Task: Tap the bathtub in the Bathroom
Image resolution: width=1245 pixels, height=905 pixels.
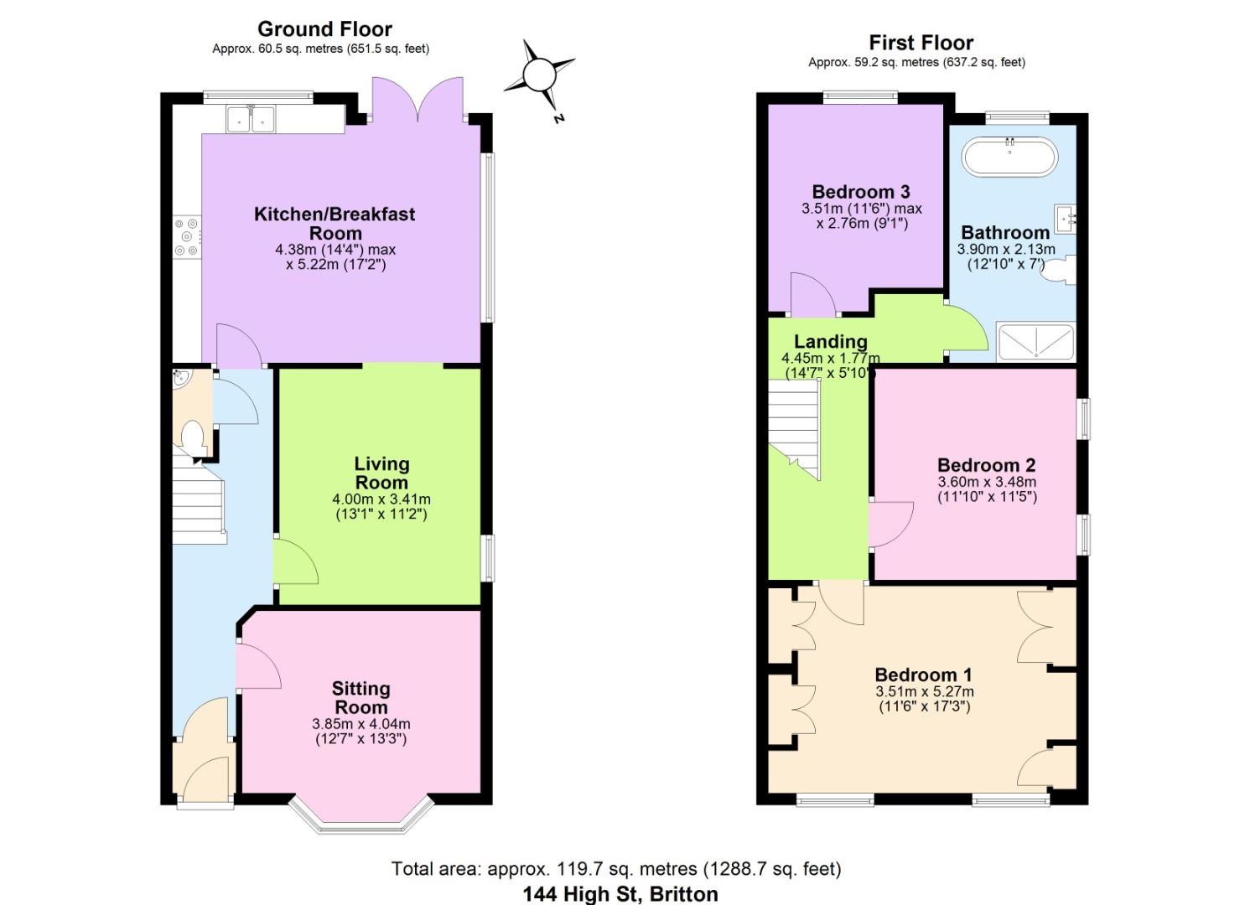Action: [1009, 157]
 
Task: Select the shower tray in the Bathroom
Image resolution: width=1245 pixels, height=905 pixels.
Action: [1035, 342]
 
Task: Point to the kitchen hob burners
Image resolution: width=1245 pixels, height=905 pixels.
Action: [186, 237]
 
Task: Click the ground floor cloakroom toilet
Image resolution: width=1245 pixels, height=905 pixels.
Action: [193, 438]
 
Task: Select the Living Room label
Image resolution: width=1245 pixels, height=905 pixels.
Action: [381, 473]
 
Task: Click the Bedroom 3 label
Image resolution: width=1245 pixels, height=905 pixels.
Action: [860, 192]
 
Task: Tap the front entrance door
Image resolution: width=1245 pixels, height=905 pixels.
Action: [205, 779]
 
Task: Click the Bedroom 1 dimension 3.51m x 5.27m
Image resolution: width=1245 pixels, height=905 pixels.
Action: [924, 692]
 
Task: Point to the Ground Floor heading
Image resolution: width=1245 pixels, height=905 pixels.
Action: [324, 29]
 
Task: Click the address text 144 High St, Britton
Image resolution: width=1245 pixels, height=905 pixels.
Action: [620, 894]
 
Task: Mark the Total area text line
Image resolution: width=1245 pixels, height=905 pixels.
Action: [616, 869]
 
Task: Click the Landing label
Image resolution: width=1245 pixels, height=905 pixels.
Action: [830, 341]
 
